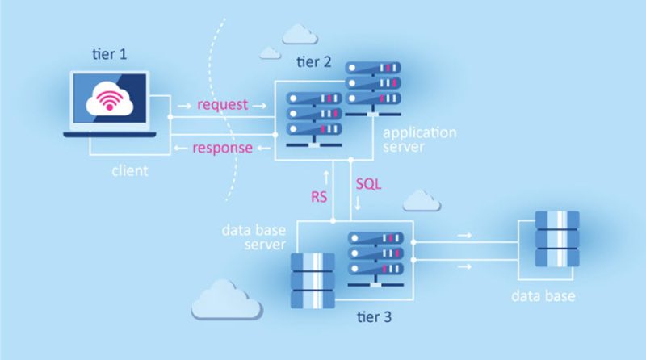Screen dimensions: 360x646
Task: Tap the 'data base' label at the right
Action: pyautogui.click(x=543, y=296)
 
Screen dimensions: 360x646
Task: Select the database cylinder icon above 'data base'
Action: pyautogui.click(x=556, y=240)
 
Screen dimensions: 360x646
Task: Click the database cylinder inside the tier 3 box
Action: pyautogui.click(x=311, y=282)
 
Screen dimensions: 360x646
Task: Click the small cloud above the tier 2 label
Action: pyautogui.click(x=299, y=33)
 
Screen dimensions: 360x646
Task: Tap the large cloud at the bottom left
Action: pyautogui.click(x=225, y=300)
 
